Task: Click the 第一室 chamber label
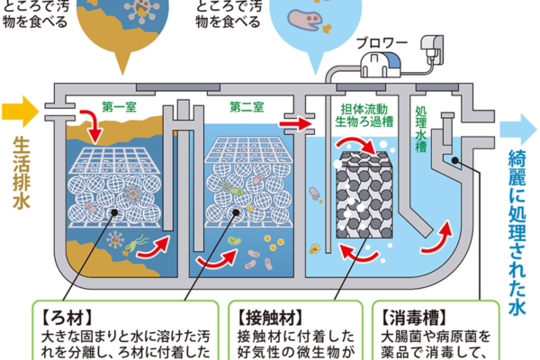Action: [x=120, y=106]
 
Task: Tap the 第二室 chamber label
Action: [x=246, y=106]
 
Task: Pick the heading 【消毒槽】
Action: [x=402, y=316]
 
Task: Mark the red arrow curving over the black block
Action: [x=354, y=146]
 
